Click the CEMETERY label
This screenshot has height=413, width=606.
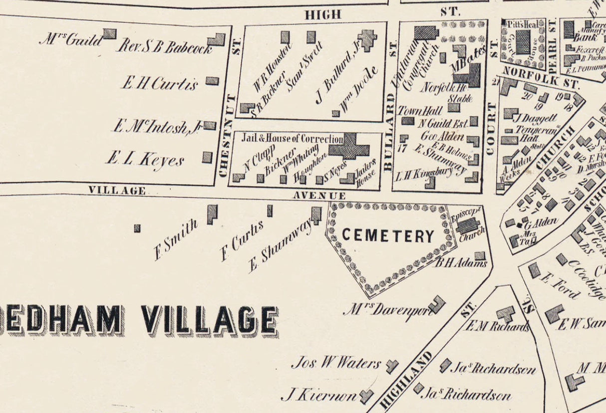coord(388,236)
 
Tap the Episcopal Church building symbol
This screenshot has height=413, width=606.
coord(468,225)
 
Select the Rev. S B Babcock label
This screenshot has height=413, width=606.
coord(165,47)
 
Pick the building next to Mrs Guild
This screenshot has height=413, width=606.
coord(110,33)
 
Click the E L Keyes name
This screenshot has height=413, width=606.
coord(145,160)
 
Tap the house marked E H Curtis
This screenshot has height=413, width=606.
coord(212,81)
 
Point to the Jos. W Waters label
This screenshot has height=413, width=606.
coord(336,363)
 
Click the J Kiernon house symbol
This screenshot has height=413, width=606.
coord(366,396)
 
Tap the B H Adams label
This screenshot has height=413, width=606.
coord(460,263)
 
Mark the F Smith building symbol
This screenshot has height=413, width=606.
coord(212,214)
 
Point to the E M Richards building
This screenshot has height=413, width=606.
coord(506,314)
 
